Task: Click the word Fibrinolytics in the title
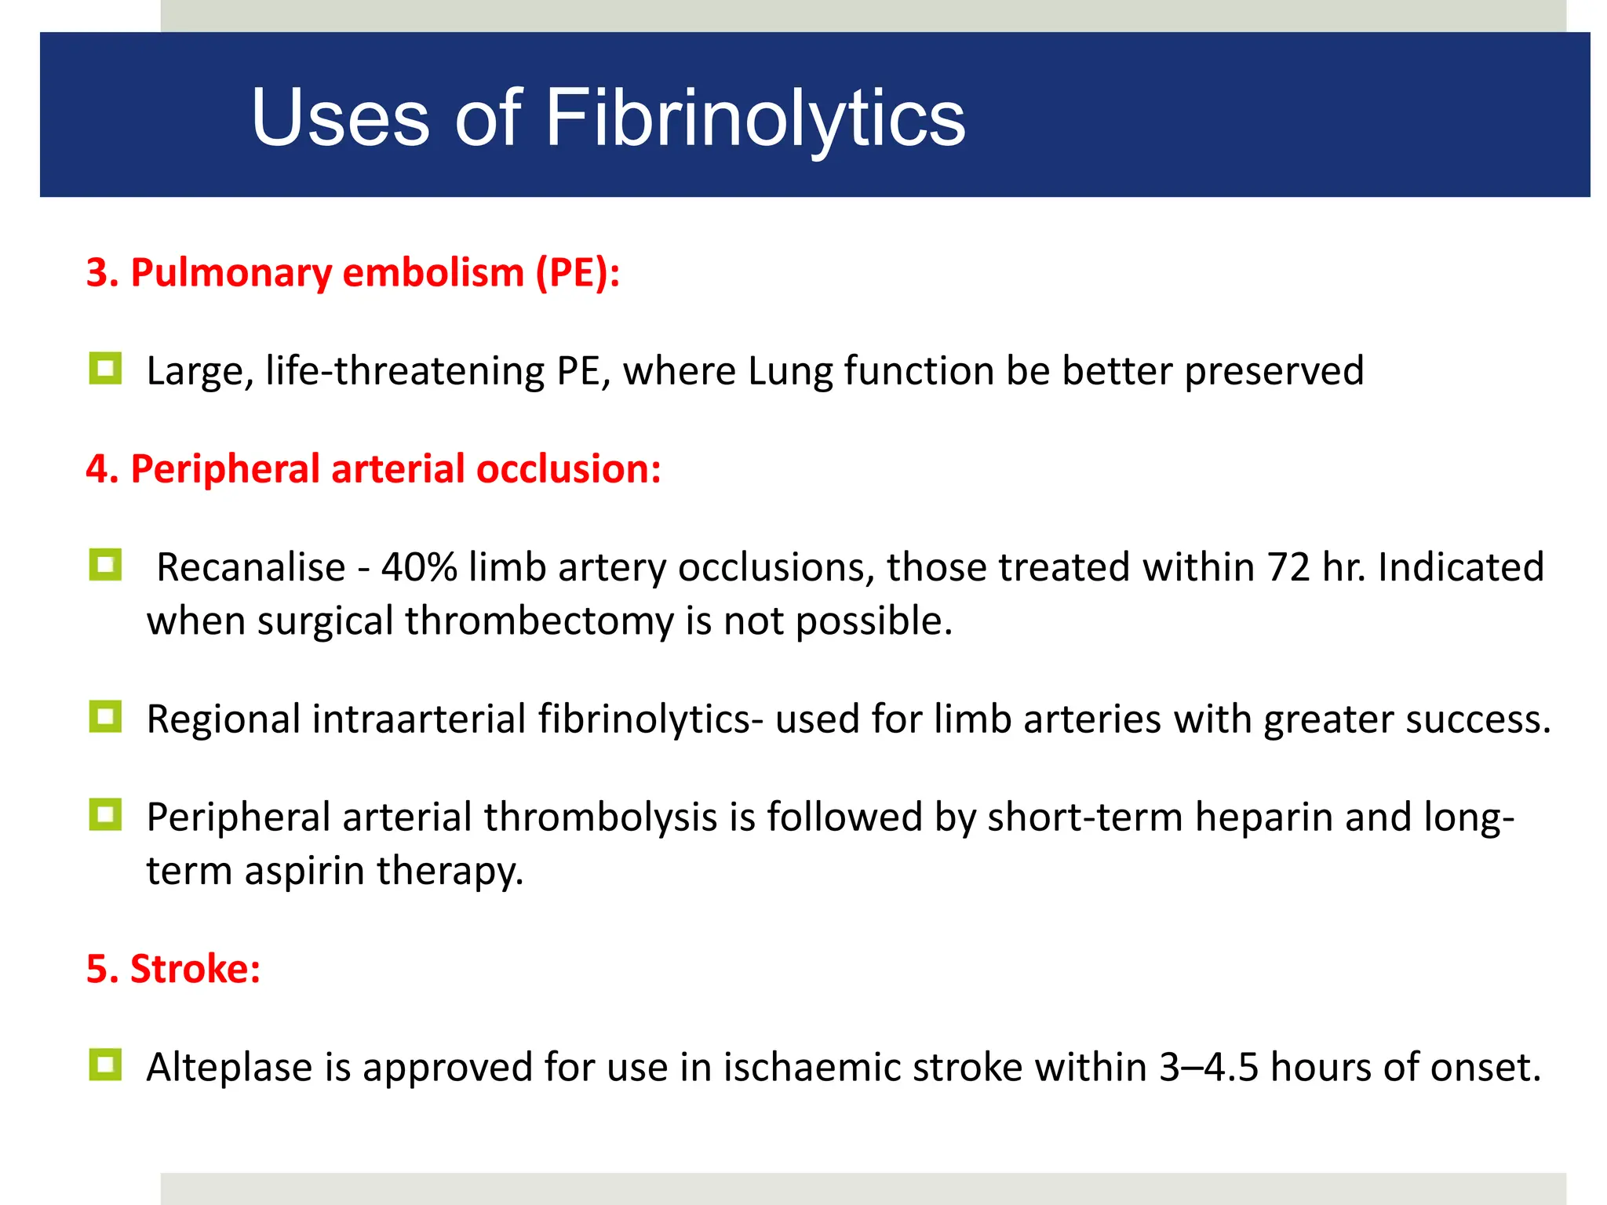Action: tap(755, 118)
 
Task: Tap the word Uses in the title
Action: tap(341, 118)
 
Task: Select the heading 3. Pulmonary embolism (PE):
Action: tap(353, 273)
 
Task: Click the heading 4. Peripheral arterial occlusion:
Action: tap(374, 469)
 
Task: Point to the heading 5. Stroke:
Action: tap(173, 969)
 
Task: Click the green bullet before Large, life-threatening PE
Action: tap(106, 368)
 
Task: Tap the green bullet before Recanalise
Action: tap(106, 564)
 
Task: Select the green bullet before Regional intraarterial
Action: tap(106, 716)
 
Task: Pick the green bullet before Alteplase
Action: tap(106, 1065)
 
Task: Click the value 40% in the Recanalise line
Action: tap(419, 567)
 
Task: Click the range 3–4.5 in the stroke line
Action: tap(1209, 1068)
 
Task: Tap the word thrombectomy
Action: tap(539, 621)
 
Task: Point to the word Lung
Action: tap(790, 371)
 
